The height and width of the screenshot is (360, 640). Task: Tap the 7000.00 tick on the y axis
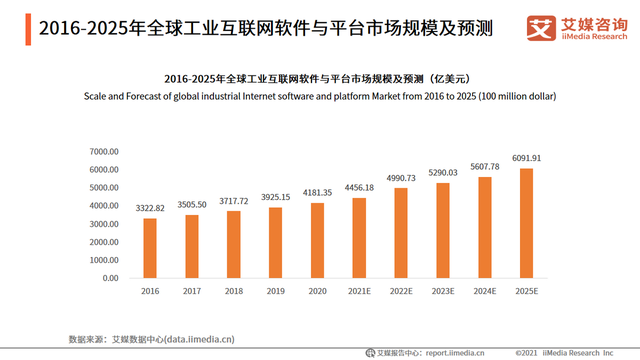104,151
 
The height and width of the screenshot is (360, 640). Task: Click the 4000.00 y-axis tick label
104,205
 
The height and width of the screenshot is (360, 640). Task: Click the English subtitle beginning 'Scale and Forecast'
319,96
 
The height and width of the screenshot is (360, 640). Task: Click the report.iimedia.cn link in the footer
453,352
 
